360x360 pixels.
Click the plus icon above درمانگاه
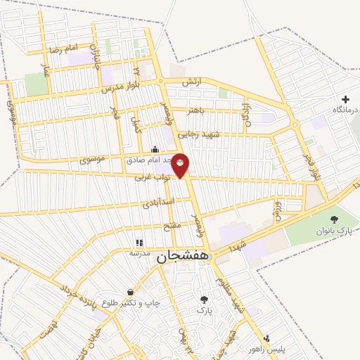345,100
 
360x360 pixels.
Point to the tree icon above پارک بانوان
333,220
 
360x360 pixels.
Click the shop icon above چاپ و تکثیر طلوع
131,292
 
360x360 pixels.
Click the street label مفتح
172,224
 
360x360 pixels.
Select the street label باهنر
195,110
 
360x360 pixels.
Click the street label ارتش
191,82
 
